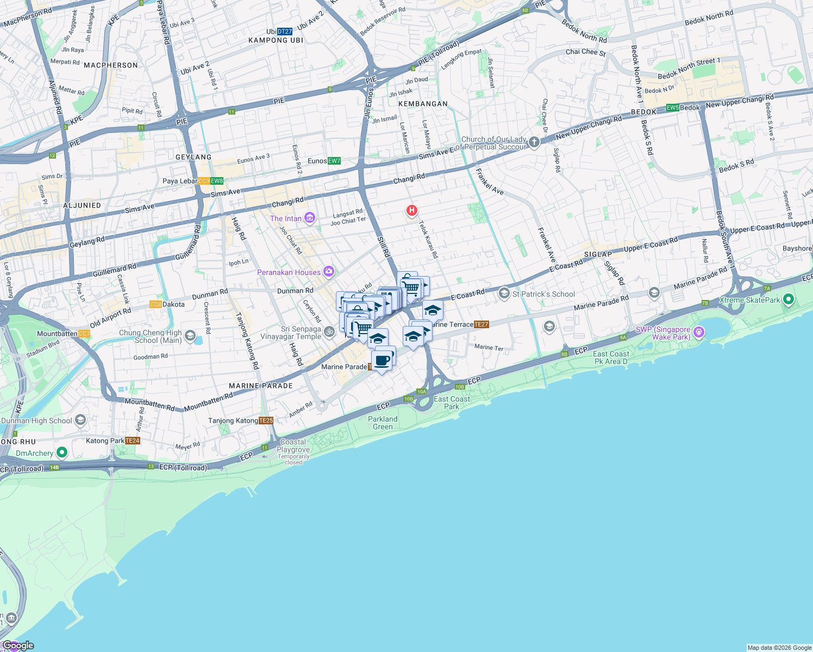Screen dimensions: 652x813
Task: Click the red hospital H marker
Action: pyautogui.click(x=412, y=210)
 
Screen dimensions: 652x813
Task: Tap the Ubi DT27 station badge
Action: pyautogui.click(x=284, y=32)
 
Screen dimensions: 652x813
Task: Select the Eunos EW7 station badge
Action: pyautogui.click(x=334, y=161)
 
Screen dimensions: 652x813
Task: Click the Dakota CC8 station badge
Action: pyautogui.click(x=155, y=304)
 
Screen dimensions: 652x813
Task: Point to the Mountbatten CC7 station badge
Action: pyautogui.click(x=84, y=334)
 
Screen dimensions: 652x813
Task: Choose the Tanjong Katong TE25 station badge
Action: pyautogui.click(x=266, y=421)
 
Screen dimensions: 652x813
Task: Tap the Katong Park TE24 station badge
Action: pyautogui.click(x=133, y=441)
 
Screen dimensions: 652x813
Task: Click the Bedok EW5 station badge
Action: pyautogui.click(x=673, y=108)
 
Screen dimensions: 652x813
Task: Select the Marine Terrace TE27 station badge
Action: pyautogui.click(x=481, y=324)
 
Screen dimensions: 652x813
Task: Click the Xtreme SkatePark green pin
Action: pyautogui.click(x=789, y=299)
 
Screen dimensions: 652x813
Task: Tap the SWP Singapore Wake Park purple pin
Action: pyautogui.click(x=699, y=331)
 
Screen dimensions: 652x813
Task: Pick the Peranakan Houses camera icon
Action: pyautogui.click(x=328, y=272)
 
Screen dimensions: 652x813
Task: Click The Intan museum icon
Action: pyautogui.click(x=309, y=218)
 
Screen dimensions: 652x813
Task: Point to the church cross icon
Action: pyautogui.click(x=534, y=142)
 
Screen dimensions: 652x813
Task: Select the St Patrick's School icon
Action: pyautogui.click(x=504, y=294)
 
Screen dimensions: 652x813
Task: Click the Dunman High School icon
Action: pyautogui.click(x=80, y=420)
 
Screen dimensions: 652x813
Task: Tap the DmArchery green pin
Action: pyautogui.click(x=61, y=453)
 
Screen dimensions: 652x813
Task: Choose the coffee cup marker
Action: pyautogui.click(x=383, y=360)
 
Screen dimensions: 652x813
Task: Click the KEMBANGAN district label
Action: pyautogui.click(x=423, y=104)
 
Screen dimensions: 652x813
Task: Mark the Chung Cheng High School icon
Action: pyautogui.click(x=190, y=336)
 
